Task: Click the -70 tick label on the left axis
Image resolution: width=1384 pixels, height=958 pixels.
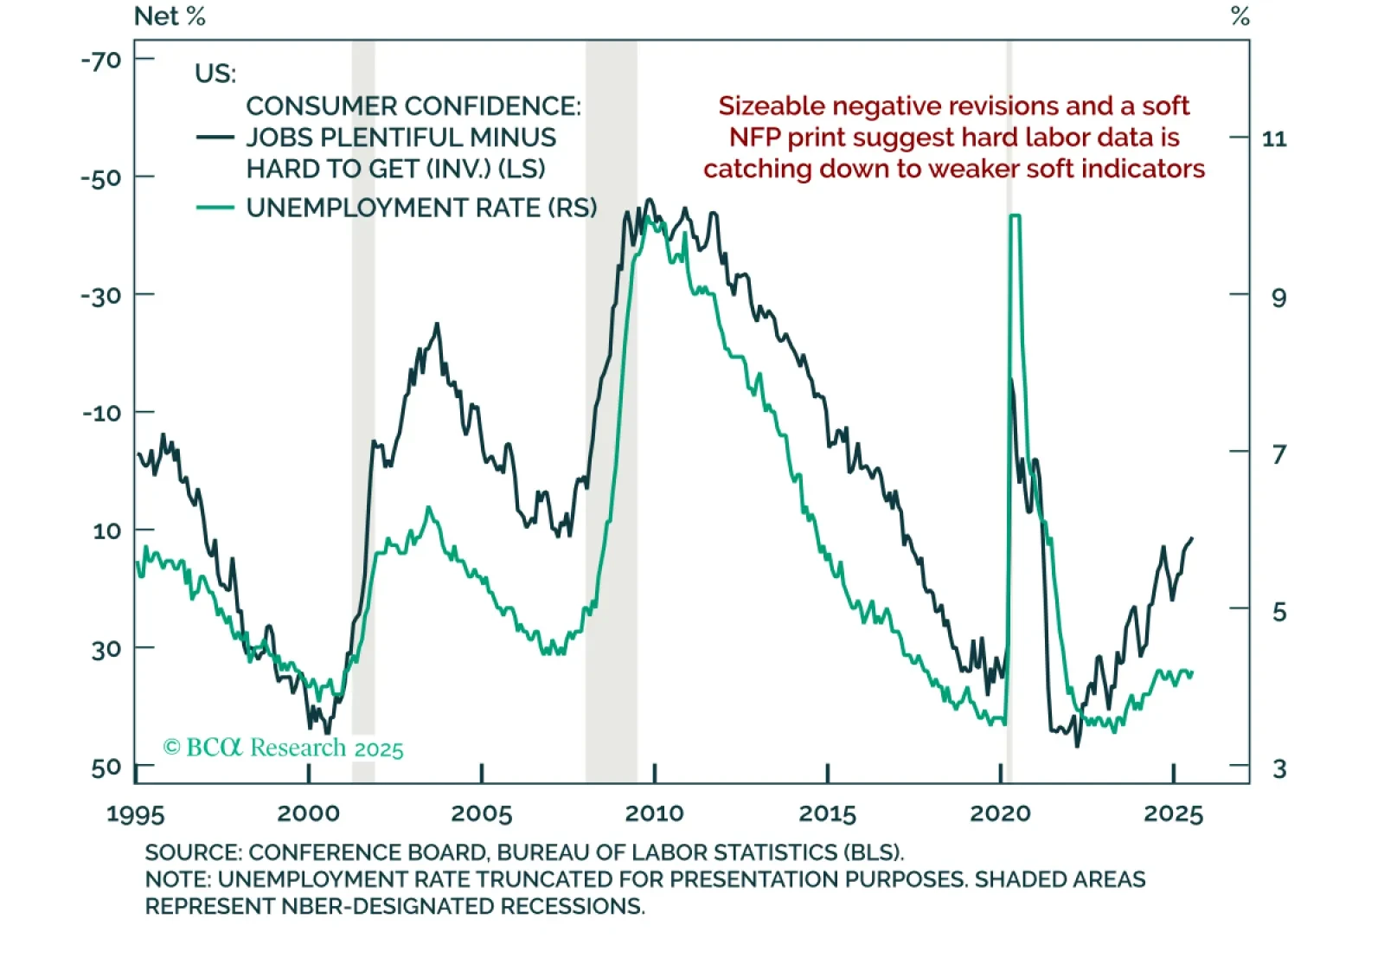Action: (x=101, y=61)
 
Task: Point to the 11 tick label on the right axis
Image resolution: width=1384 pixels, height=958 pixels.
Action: (x=1274, y=138)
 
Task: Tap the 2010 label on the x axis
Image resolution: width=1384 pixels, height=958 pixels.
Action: (x=654, y=813)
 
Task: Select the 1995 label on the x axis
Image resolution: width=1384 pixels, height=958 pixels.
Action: (x=135, y=814)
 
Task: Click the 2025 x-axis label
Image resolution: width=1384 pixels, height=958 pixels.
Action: (x=1173, y=813)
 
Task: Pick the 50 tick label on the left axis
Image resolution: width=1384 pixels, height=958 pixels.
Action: (x=106, y=768)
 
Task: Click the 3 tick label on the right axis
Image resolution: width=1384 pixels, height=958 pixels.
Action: (x=1279, y=768)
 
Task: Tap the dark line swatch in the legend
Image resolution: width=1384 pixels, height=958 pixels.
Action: (x=215, y=138)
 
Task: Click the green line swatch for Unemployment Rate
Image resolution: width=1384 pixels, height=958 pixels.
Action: (x=215, y=208)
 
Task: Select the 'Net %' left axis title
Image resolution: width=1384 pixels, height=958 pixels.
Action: (x=170, y=16)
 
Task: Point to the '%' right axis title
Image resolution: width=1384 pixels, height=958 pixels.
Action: (x=1240, y=16)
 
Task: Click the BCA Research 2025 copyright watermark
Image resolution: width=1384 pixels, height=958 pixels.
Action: (x=284, y=748)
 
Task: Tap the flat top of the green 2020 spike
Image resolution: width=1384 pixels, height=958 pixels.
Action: (x=1015, y=215)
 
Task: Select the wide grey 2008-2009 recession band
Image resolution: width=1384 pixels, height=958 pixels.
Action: (x=612, y=433)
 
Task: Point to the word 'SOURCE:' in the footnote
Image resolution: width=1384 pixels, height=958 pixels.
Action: (x=193, y=852)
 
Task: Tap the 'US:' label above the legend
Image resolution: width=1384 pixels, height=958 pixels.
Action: (x=215, y=74)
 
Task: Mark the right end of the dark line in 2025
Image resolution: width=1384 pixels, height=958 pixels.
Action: (x=1192, y=538)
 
